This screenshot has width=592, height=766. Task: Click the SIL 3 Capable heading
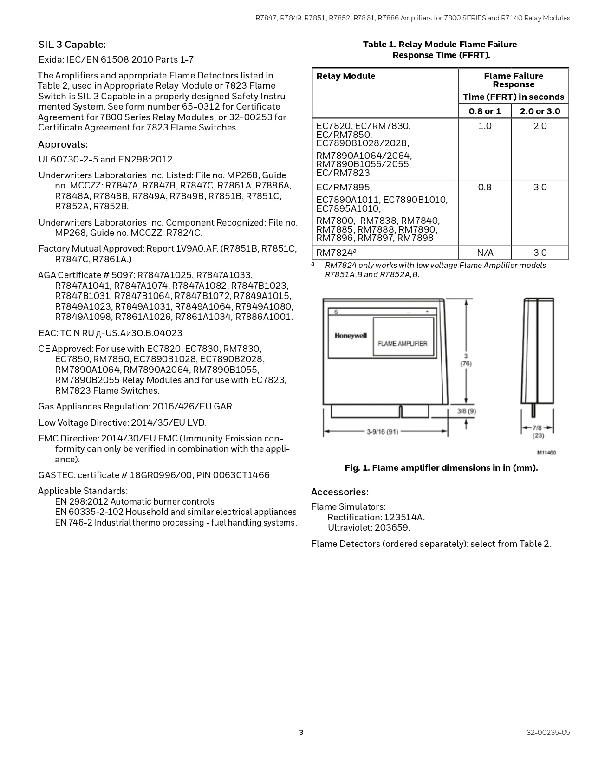click(72, 45)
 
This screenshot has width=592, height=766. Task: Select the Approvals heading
click(63, 144)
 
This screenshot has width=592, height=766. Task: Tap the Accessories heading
click(339, 492)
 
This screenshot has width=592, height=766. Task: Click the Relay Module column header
click(345, 76)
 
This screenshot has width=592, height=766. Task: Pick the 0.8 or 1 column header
click(485, 111)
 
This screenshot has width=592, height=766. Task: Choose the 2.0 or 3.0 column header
click(540, 111)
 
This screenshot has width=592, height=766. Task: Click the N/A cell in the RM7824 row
click(485, 253)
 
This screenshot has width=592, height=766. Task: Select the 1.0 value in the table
click(485, 126)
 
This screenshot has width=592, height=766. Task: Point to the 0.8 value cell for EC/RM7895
click(485, 187)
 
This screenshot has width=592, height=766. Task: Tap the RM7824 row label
click(336, 253)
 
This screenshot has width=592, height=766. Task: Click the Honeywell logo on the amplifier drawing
click(351, 336)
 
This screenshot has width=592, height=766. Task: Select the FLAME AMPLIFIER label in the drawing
click(403, 344)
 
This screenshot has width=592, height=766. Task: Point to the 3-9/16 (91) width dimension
click(382, 432)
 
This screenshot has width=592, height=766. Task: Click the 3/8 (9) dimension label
click(466, 411)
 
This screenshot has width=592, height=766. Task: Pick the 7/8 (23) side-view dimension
click(538, 432)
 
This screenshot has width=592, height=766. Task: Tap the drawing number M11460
click(546, 453)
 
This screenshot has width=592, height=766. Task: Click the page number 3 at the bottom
click(301, 733)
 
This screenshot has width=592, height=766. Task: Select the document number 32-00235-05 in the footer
click(548, 733)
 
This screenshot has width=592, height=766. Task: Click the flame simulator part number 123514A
click(404, 517)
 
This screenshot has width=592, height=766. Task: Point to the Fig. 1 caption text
click(441, 468)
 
